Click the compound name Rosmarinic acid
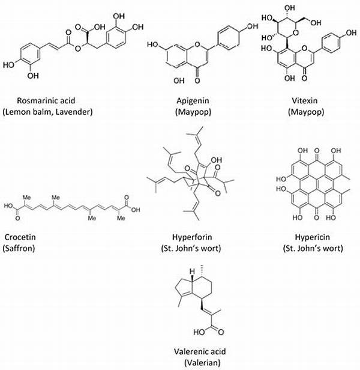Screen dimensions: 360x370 pos(46,100)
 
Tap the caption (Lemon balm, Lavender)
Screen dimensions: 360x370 pos(47,112)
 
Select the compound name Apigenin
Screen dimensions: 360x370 pos(193,101)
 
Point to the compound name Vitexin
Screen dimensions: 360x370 pos(305,100)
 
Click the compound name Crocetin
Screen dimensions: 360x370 pos(20,237)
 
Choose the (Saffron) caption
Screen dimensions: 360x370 pos(19,248)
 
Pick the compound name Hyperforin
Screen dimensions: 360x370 pos(192,237)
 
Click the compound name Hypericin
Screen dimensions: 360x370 pos(313,237)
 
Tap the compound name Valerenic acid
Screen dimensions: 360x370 pos(200,351)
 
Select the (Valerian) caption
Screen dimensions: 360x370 pos(202,362)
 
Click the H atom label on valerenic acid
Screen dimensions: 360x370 pos(193,271)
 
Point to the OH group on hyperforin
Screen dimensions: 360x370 pos(217,160)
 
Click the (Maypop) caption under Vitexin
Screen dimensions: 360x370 pos(306,112)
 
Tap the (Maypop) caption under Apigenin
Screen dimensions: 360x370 pos(193,112)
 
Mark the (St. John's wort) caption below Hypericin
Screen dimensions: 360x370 pos(313,248)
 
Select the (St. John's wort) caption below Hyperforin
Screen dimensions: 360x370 pos(191,248)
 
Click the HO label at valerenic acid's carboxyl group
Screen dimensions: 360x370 pos(199,332)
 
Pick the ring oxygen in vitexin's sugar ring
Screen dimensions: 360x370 pos(296,33)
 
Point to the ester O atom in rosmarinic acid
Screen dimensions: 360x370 pos(78,49)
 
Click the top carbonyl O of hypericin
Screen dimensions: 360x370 pos(317,151)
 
